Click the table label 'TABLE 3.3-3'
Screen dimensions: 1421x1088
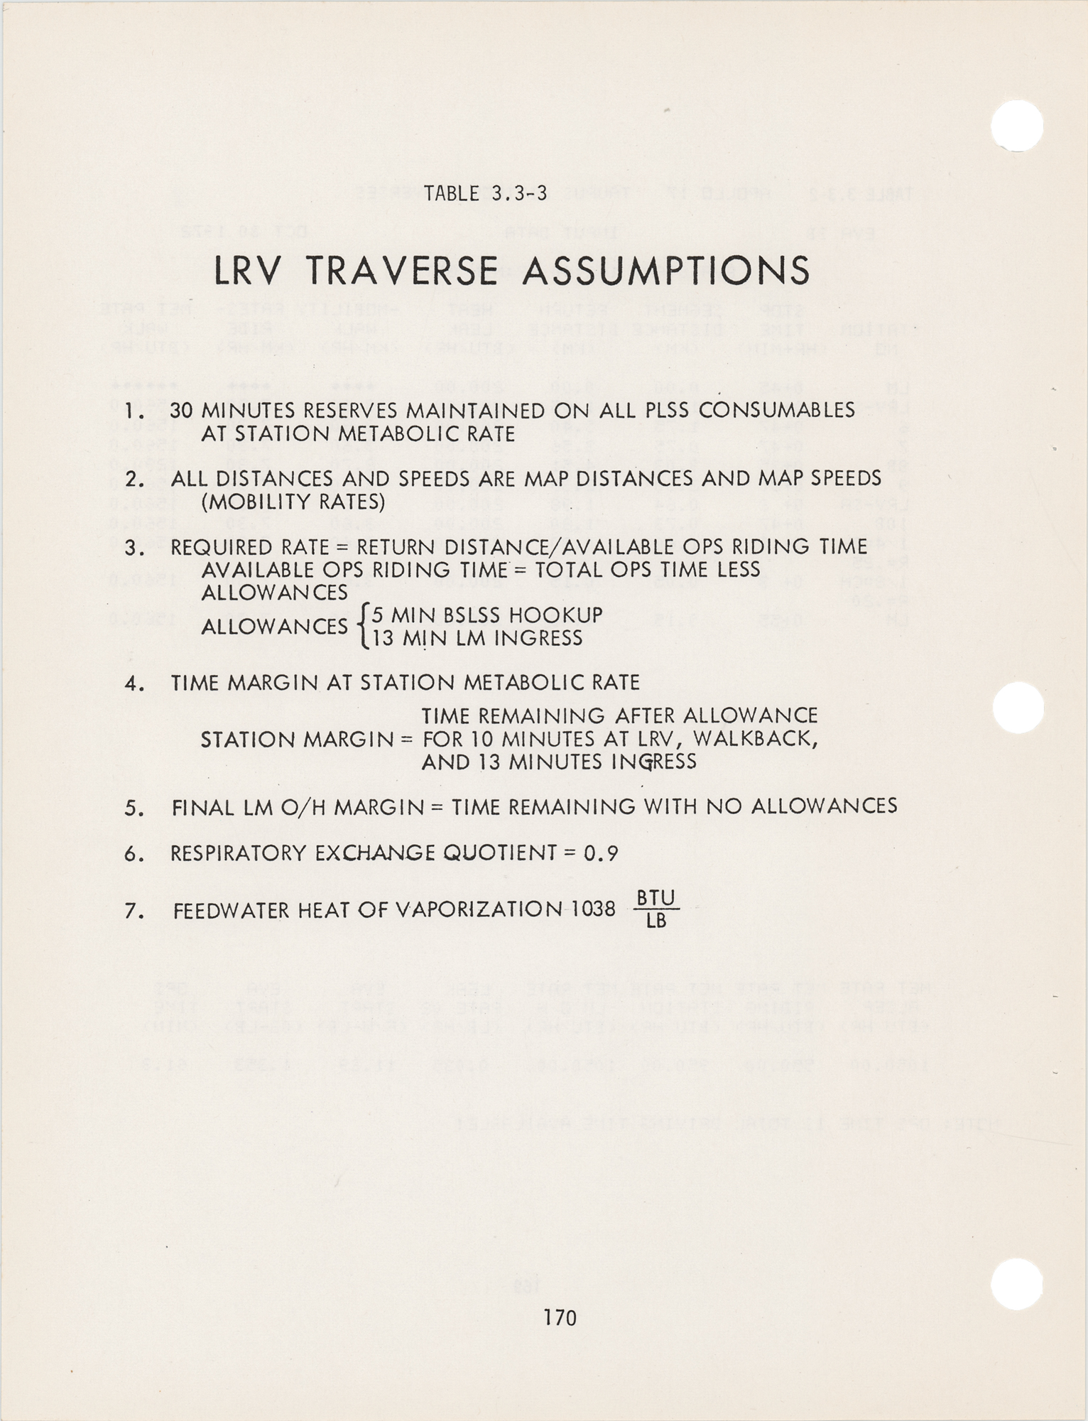tap(486, 193)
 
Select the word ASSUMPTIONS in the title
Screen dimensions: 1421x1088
tap(666, 271)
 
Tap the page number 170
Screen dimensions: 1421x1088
tap(560, 1318)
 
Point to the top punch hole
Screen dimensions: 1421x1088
tap(1016, 125)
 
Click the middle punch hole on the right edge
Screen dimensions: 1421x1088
tap(1018, 707)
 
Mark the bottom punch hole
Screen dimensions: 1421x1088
tap(1016, 1284)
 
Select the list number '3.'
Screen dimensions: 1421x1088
tap(134, 548)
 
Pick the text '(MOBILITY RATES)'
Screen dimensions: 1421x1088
tap(293, 502)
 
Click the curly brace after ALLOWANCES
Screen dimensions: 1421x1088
tap(363, 626)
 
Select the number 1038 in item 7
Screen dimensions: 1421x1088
tap(594, 909)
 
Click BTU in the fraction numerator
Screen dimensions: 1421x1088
tap(655, 898)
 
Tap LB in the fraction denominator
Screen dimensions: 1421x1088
tap(655, 922)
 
